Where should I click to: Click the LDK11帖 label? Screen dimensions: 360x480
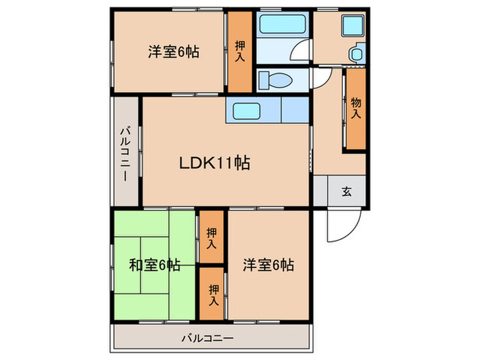click(x=214, y=163)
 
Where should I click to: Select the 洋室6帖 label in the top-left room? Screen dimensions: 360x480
click(x=173, y=51)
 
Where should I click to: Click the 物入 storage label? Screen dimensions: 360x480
click(x=356, y=108)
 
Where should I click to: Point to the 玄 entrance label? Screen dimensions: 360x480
click(x=347, y=191)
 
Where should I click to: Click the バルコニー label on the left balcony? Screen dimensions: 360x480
click(x=127, y=153)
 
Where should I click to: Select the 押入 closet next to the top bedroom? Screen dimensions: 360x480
click(x=240, y=51)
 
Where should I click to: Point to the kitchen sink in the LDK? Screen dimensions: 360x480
click(x=245, y=110)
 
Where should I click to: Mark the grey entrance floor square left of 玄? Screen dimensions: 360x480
click(x=320, y=191)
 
